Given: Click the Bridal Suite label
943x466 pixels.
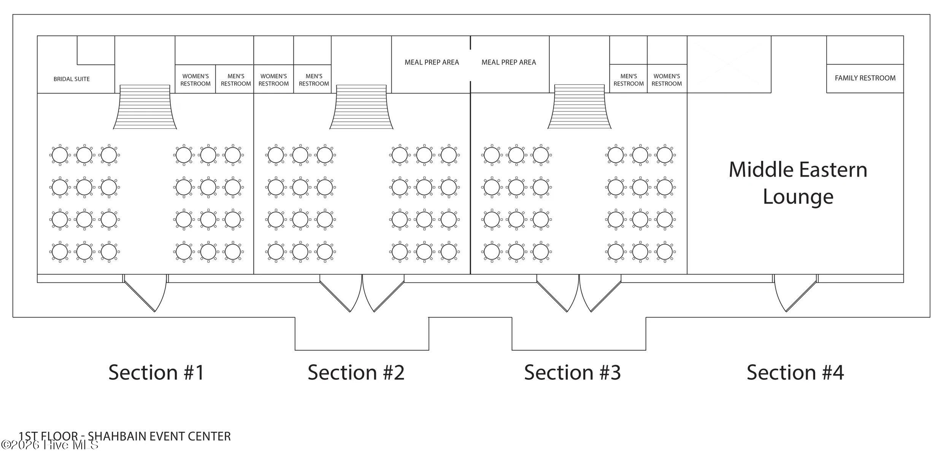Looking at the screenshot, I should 71,79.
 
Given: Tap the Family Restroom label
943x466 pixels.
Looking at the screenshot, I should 865,78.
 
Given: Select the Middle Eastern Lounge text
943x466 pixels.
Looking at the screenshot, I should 798,183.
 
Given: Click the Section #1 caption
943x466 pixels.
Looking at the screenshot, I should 156,372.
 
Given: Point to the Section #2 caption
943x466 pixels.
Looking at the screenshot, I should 356,372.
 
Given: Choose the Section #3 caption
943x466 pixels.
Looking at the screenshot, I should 572,372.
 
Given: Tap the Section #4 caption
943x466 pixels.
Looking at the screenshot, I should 795,372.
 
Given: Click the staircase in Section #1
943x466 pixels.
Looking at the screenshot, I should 145,107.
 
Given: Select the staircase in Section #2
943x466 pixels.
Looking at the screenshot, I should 361,107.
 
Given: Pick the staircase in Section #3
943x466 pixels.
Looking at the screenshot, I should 579,107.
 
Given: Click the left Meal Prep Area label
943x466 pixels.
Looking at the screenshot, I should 432,62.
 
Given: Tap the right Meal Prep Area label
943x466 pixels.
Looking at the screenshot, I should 509,62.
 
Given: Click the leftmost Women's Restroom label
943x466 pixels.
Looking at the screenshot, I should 195,80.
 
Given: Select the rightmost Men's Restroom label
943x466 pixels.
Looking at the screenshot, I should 629,80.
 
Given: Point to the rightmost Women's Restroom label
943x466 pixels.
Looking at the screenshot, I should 667,80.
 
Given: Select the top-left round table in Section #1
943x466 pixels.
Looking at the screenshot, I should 60,155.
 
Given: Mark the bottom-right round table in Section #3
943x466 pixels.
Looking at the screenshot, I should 665,251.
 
